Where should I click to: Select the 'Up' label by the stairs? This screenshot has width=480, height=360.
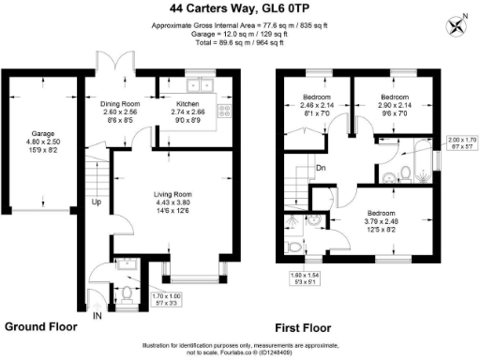coord(96,201)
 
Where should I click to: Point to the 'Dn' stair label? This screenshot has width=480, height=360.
coord(320,170)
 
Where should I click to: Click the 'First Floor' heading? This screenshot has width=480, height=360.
coord(305,329)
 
